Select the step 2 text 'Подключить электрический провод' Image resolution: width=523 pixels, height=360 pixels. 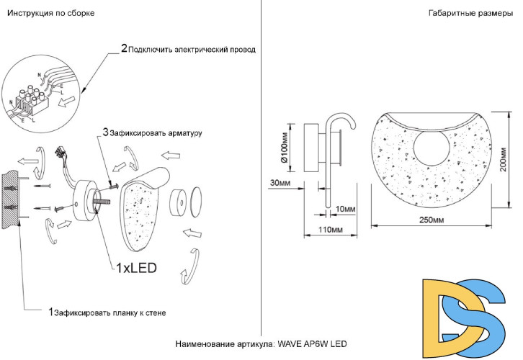tap(192, 50)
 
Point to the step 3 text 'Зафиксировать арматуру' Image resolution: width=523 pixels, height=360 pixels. tap(156, 133)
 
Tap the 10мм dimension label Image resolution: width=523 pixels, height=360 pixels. tap(347, 209)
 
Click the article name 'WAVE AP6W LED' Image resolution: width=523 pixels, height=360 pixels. tap(313, 343)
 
